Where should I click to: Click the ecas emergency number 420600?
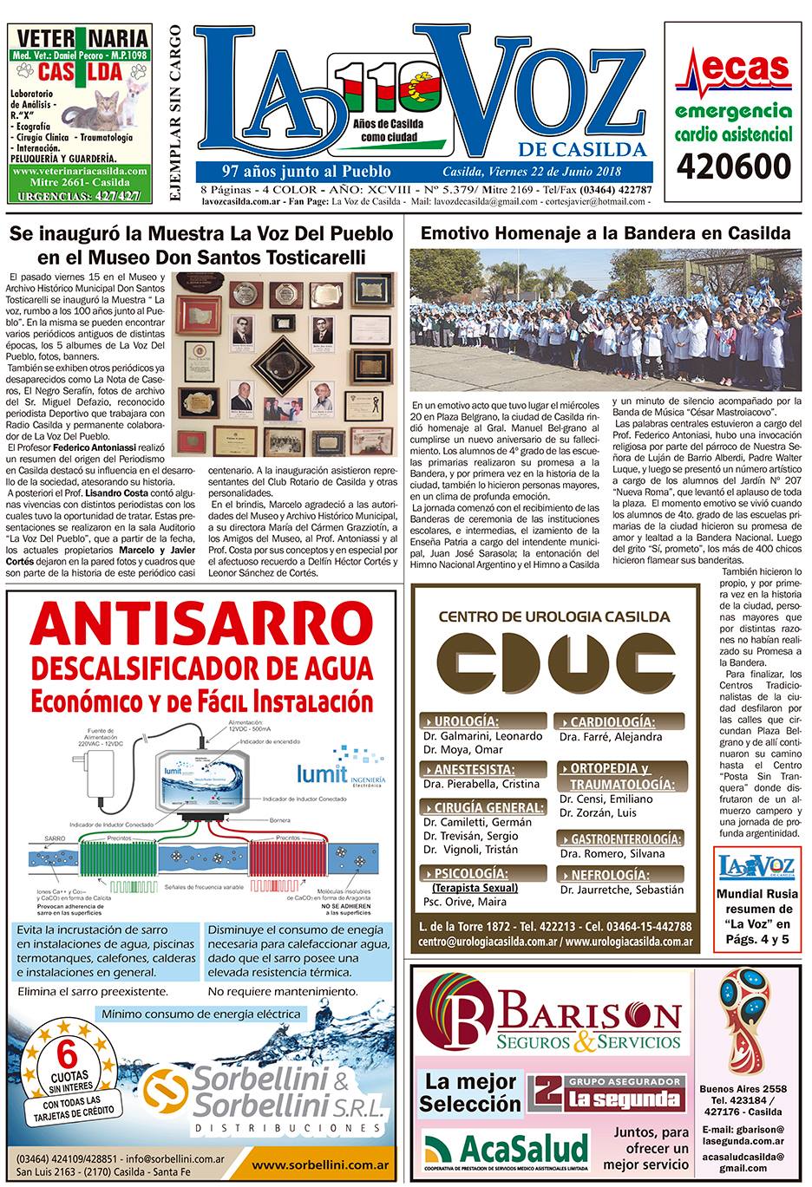tap(735, 166)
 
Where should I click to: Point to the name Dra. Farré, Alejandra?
tap(610, 737)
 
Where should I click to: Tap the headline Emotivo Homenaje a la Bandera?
tap(606, 233)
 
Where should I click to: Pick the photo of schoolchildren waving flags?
tap(606, 322)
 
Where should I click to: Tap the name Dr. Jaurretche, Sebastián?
tap(621, 890)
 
